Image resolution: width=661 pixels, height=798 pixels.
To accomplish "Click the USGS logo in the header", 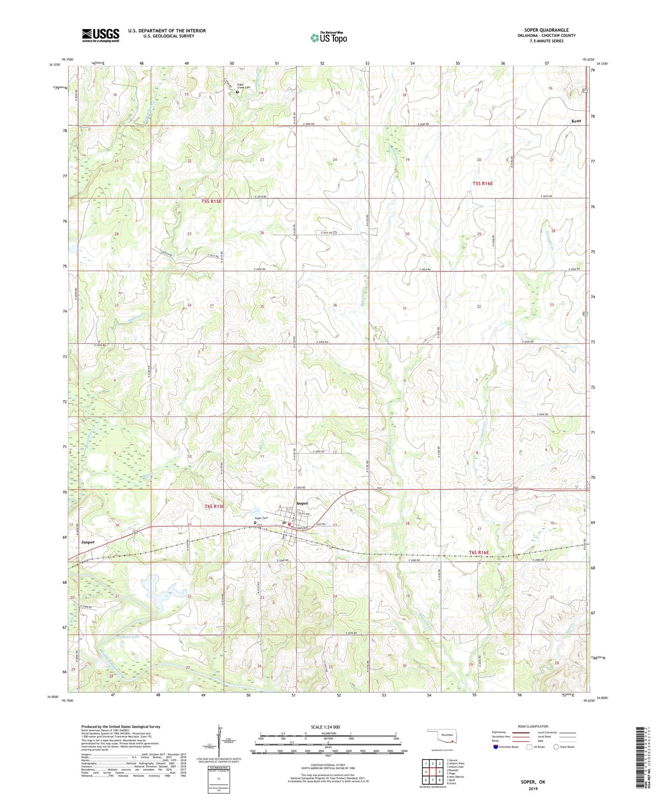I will pos(100,35).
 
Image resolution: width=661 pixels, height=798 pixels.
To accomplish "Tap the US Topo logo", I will pos(328,37).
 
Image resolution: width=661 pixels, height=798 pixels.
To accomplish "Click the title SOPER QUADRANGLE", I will pos(546,30).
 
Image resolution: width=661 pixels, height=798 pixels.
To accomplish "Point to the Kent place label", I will pos(575,121).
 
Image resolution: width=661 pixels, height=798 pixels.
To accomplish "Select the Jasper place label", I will pos(87,542).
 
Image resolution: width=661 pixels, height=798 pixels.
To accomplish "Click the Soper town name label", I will pos(302,503).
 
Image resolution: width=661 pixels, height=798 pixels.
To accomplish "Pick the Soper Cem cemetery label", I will pos(261,518).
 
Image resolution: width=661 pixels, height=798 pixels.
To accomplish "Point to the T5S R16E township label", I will pos(483,183).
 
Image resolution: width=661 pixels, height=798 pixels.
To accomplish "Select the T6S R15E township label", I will pos(214,506).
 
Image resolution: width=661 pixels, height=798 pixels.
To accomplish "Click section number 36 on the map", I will pos(335,305).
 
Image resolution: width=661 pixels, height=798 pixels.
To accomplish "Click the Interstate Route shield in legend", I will pos(497,747).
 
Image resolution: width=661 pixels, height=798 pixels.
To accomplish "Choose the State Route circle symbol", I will pos(556,747).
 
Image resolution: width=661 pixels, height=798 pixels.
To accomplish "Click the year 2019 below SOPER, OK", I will pos(533,789).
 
